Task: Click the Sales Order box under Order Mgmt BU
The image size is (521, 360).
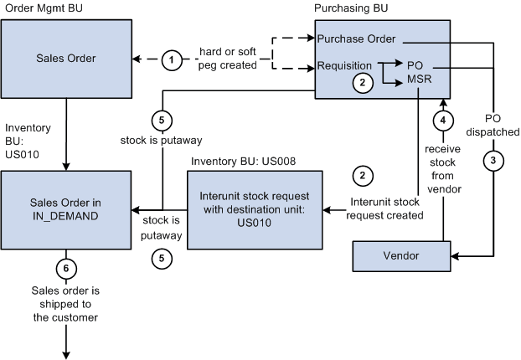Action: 66,59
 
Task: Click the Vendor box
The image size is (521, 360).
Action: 401,255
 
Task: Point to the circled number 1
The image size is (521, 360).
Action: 171,59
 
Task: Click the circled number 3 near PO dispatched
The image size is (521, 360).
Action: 494,159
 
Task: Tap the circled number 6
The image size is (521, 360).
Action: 66,269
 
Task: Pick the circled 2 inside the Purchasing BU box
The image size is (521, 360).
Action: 362,82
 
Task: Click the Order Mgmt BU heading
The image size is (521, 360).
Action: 45,8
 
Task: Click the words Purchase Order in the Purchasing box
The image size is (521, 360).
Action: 356,39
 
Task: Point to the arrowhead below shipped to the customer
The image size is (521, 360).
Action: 66,347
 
